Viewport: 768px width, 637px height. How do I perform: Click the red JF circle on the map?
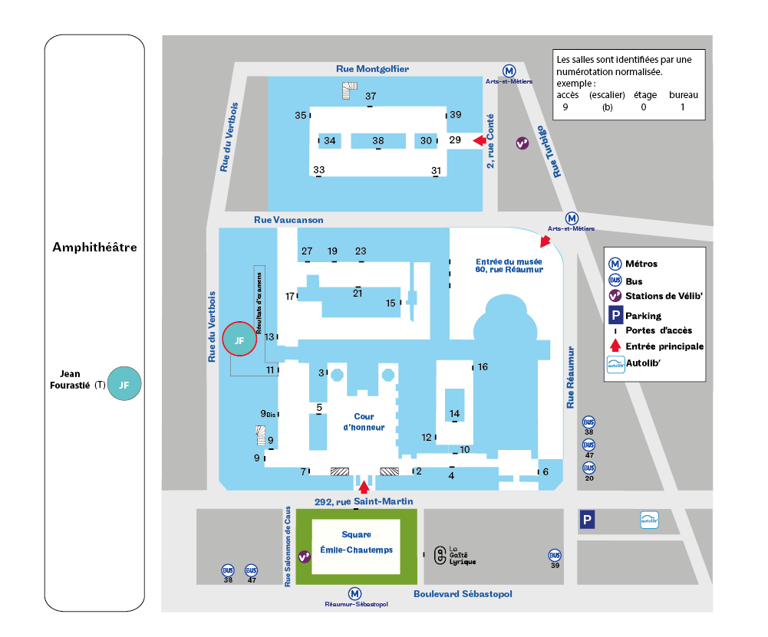[x=239, y=340]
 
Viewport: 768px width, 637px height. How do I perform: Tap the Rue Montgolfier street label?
[x=372, y=69]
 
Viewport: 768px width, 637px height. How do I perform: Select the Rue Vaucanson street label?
[x=288, y=220]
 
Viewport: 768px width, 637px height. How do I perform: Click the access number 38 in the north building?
[x=378, y=141]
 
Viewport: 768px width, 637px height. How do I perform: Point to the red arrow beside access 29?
[x=480, y=140]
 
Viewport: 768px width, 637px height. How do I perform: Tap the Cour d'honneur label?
[x=364, y=422]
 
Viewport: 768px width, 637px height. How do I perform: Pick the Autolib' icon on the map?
[x=649, y=520]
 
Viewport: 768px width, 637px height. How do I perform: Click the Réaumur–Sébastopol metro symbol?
[x=354, y=593]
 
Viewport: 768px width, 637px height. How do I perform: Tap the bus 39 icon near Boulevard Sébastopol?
[x=555, y=555]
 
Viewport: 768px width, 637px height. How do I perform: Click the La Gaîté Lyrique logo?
[x=440, y=555]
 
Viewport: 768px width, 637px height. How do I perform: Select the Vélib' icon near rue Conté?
[x=522, y=143]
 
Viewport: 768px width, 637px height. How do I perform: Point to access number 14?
[x=455, y=414]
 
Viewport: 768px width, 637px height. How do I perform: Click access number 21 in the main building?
[x=358, y=292]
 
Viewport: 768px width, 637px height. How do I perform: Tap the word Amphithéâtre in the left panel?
[x=94, y=247]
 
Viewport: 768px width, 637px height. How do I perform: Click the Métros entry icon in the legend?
[x=615, y=264]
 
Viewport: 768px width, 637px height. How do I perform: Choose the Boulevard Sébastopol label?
[x=463, y=594]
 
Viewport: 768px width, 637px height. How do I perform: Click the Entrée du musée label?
[x=509, y=264]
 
